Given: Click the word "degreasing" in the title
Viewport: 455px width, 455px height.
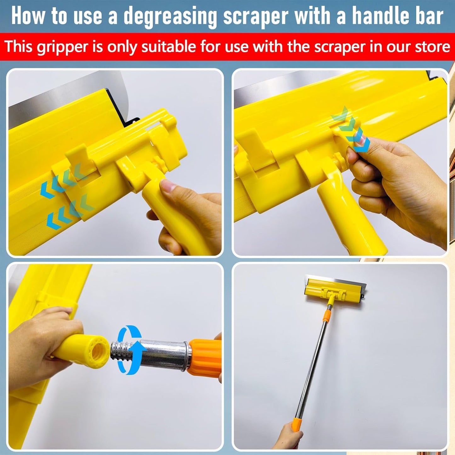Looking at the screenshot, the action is pyautogui.click(x=170, y=17).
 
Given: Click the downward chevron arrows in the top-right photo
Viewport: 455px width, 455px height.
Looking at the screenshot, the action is pyautogui.click(x=351, y=129).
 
